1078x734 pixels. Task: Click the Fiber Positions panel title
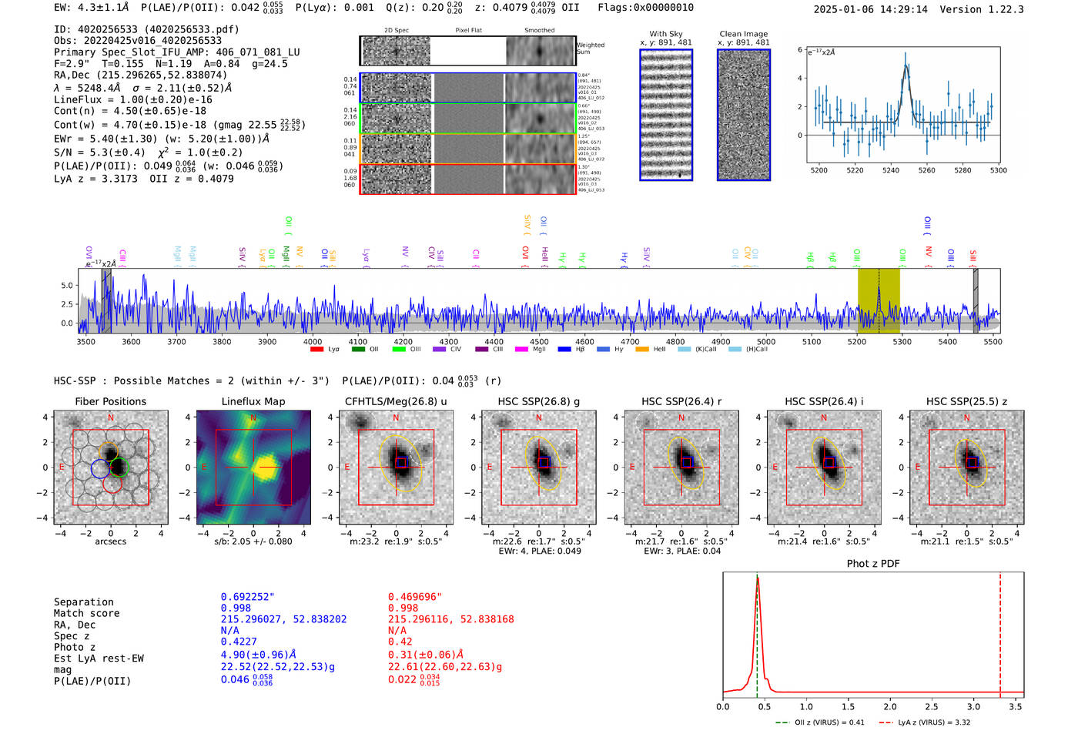tap(110, 401)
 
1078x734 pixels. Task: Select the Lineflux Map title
tap(253, 401)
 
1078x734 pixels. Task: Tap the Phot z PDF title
tap(873, 563)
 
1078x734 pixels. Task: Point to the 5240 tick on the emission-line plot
tap(891, 170)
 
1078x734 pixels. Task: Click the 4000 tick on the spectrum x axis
tap(313, 341)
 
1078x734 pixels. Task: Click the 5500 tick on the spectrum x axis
tap(993, 341)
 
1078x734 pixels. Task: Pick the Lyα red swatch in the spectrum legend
tap(316, 350)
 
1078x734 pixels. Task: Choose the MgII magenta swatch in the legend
tap(521, 350)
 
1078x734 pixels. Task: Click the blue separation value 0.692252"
tap(248, 597)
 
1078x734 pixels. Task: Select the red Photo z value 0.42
tap(400, 642)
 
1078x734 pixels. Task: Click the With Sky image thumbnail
tap(666, 115)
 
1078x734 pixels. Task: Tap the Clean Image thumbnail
tap(744, 115)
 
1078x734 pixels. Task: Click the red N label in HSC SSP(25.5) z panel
tap(966, 417)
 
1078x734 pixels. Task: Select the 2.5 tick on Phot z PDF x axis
tap(932, 706)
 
